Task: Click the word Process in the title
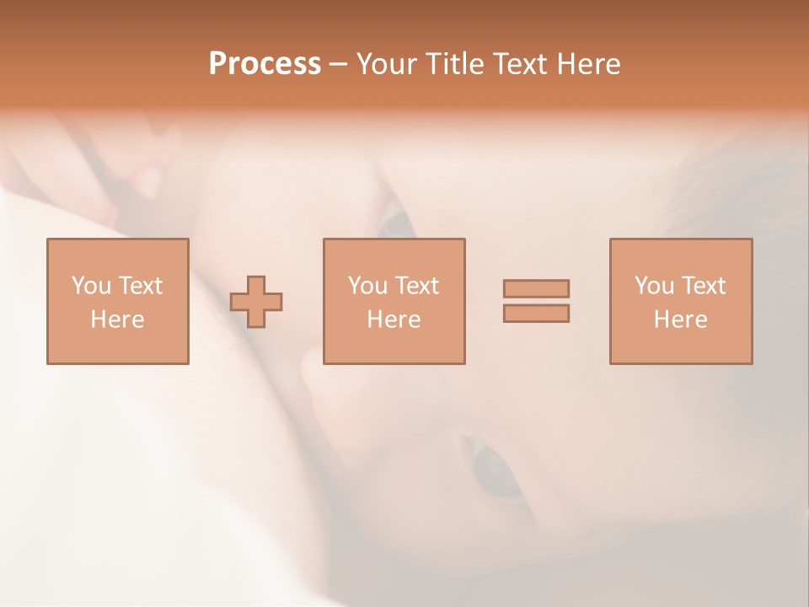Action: click(x=265, y=64)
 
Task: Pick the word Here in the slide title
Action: click(x=593, y=64)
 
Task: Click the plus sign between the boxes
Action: click(x=256, y=302)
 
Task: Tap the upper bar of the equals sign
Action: click(x=536, y=289)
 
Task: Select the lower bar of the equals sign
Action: click(x=536, y=313)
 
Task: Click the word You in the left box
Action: click(x=91, y=286)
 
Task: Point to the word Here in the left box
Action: click(x=117, y=320)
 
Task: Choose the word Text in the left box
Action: click(x=140, y=286)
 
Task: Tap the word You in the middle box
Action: click(x=367, y=286)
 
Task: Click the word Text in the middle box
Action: click(x=416, y=286)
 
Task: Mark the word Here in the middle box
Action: click(x=394, y=320)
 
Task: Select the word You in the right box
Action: click(x=654, y=286)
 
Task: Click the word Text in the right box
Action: click(x=703, y=286)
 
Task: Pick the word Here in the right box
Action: click(x=680, y=320)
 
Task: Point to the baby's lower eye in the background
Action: click(x=497, y=473)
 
